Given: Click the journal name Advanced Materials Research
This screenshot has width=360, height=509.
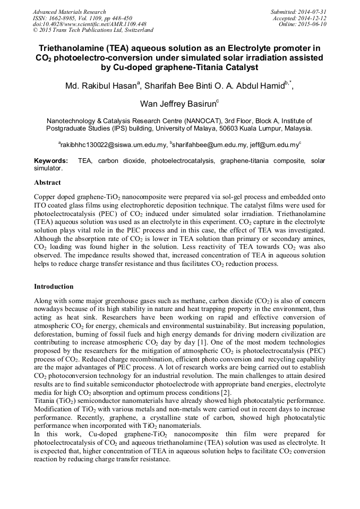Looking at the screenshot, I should (69, 12).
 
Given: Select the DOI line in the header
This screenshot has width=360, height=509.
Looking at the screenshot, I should (82, 24).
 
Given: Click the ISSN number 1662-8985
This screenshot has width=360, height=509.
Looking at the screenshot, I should (61, 18).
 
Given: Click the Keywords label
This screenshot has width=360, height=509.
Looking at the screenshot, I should (51, 160).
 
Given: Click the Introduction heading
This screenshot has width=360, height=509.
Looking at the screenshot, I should (54, 287).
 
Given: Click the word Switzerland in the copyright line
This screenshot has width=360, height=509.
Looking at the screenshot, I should (134, 31).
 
